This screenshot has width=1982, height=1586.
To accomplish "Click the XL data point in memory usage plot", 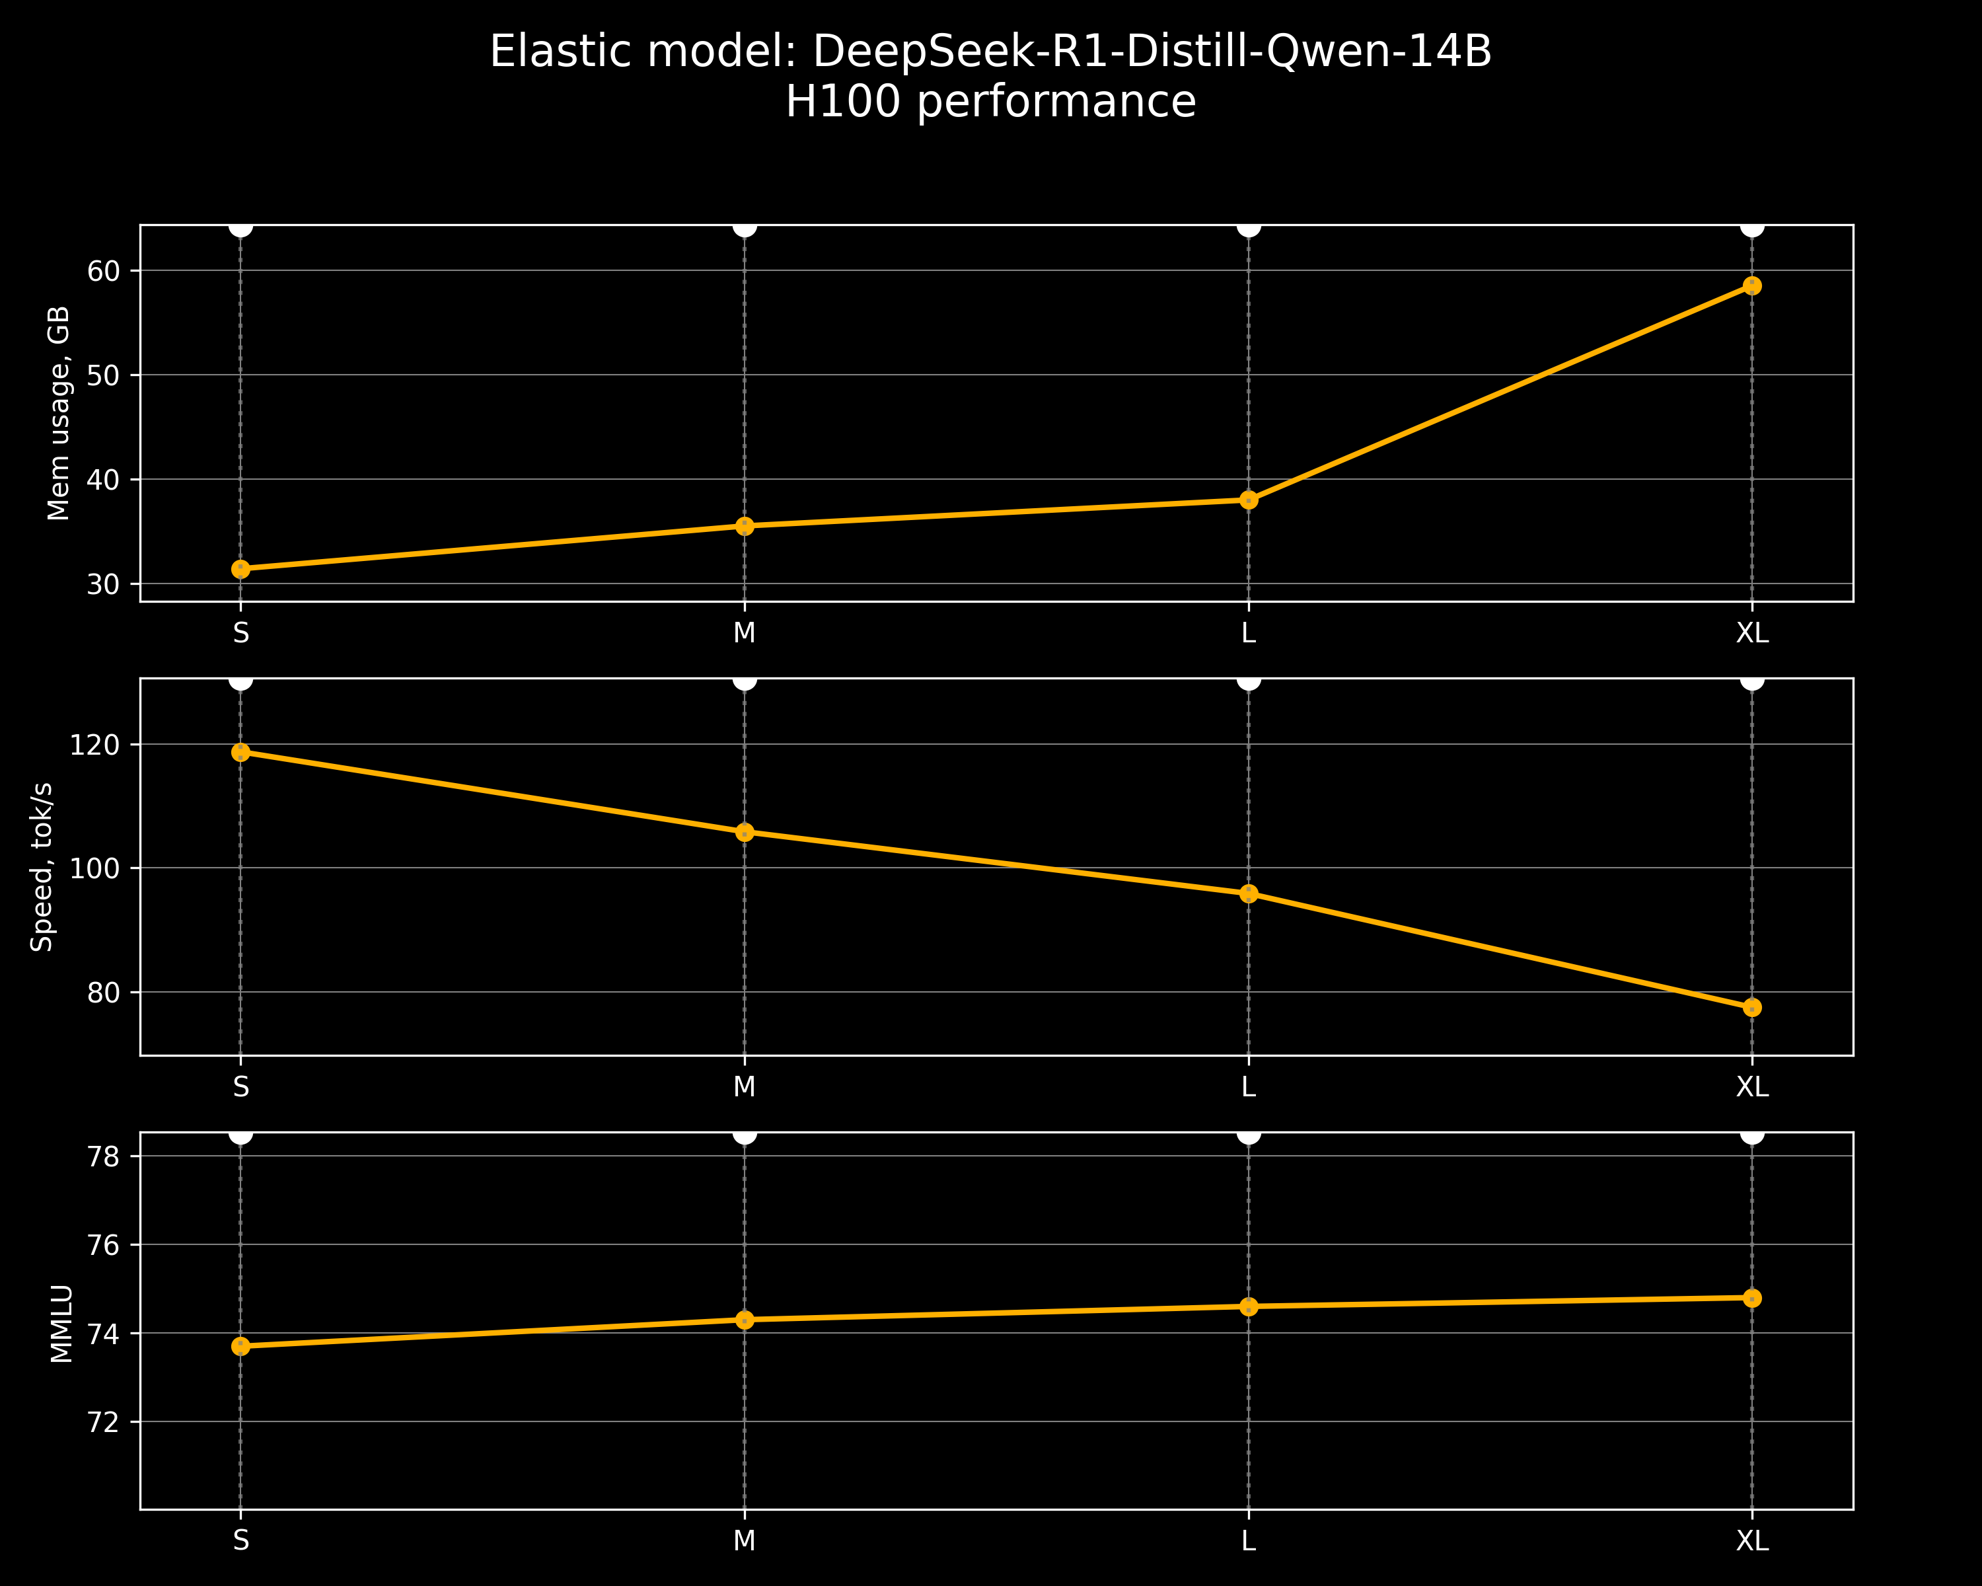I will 1751,286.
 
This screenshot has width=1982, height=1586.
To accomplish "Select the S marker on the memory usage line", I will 241,569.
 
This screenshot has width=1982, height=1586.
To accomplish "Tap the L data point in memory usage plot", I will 1249,500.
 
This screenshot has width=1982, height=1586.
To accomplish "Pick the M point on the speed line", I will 745,832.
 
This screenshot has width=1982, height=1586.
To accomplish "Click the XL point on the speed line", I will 1751,1008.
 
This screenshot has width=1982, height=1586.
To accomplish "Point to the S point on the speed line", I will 241,752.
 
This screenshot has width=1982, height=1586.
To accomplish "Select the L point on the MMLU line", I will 1249,1306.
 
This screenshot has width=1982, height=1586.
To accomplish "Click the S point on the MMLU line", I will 241,1346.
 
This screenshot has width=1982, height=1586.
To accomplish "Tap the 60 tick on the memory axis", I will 104,271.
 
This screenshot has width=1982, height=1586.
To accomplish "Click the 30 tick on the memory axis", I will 104,585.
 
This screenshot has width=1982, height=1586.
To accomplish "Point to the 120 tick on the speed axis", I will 94,745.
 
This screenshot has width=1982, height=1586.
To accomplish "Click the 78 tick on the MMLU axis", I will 104,1156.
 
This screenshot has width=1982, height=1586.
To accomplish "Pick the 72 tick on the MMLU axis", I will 104,1422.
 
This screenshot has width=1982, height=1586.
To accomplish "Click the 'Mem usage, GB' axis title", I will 59,414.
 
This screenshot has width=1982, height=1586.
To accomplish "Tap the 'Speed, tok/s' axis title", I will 42,867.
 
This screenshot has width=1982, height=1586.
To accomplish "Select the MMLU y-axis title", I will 61,1324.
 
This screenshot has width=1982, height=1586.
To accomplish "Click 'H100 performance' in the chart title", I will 990,101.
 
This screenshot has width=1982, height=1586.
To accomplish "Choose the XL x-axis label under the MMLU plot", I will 1751,1541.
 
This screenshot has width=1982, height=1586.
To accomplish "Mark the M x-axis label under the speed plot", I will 745,1088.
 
